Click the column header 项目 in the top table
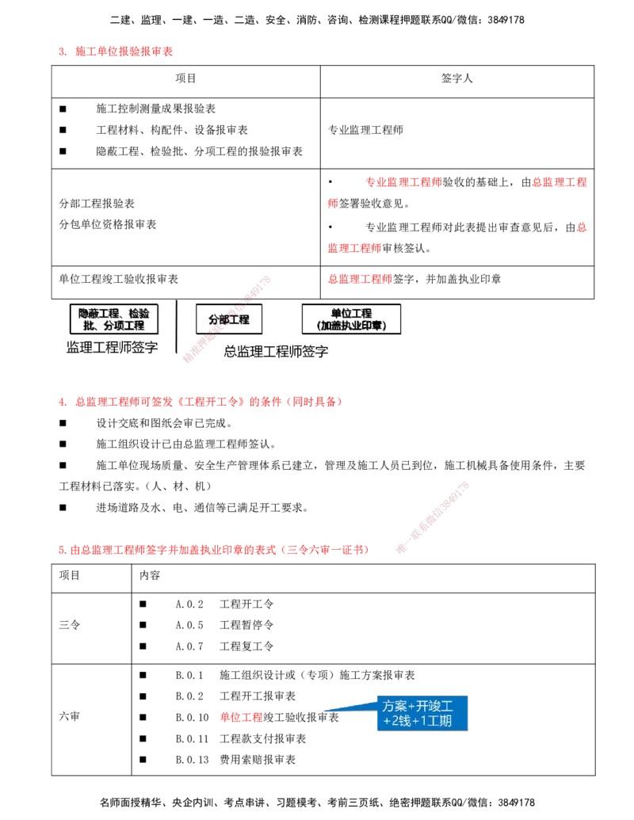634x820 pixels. [x=185, y=78]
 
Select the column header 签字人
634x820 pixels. [x=456, y=78]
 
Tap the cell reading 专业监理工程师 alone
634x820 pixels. [x=365, y=130]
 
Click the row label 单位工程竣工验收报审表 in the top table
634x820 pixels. [x=118, y=279]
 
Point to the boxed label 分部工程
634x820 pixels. [x=228, y=319]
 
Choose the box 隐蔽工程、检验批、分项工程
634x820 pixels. [x=113, y=319]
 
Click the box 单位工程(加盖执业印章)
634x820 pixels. [x=351, y=319]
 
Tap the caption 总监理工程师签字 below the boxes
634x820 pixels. [x=276, y=351]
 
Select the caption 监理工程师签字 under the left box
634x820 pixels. [x=112, y=347]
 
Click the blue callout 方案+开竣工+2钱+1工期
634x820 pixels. [x=422, y=713]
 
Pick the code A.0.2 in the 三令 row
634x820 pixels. [x=189, y=604]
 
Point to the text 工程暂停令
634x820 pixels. [x=246, y=625]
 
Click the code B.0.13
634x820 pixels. [x=192, y=759]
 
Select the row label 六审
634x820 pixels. [x=69, y=716]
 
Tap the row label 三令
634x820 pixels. [x=69, y=625]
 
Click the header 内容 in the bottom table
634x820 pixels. [x=150, y=575]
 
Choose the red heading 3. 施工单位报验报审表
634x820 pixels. [x=116, y=51]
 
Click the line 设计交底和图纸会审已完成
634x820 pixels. [x=164, y=422]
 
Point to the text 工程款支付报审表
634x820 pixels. [x=262, y=738]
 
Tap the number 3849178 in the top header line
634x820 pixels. [x=506, y=20]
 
